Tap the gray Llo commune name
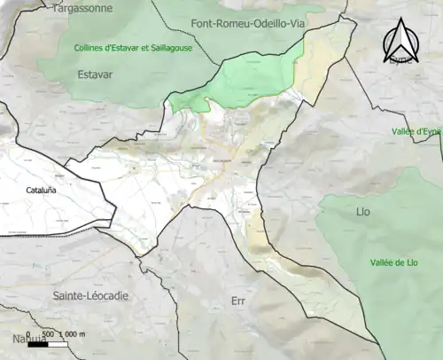coord(362,212)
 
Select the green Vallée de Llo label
coord(394,262)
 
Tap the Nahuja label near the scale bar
coord(27,339)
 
